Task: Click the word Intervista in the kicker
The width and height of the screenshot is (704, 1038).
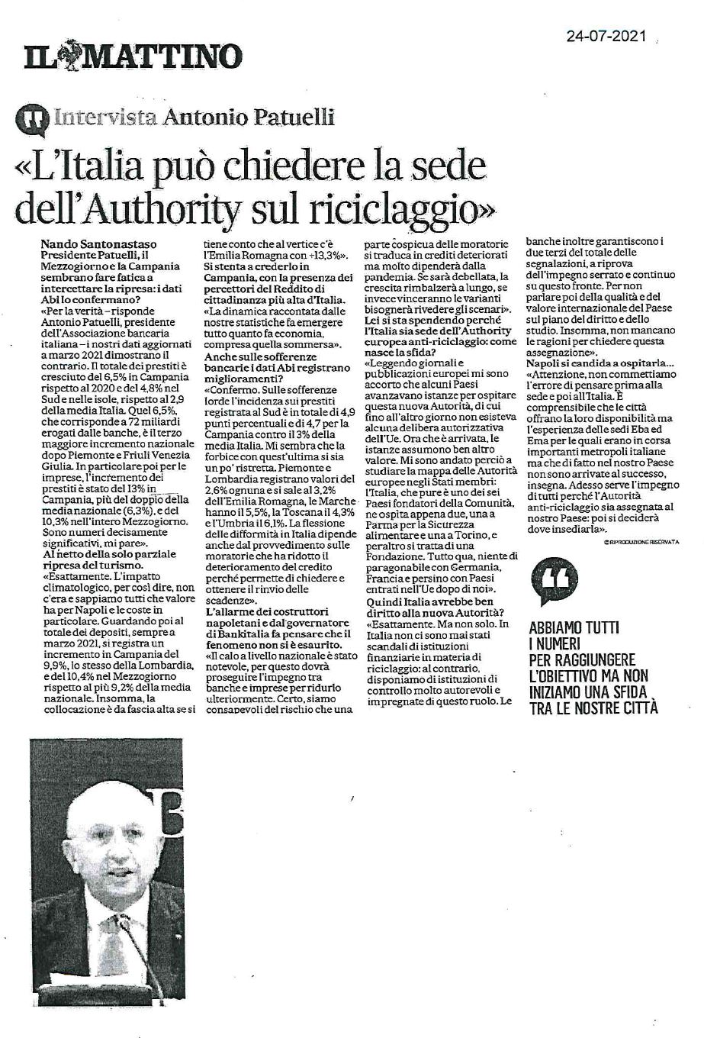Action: (x=106, y=118)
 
